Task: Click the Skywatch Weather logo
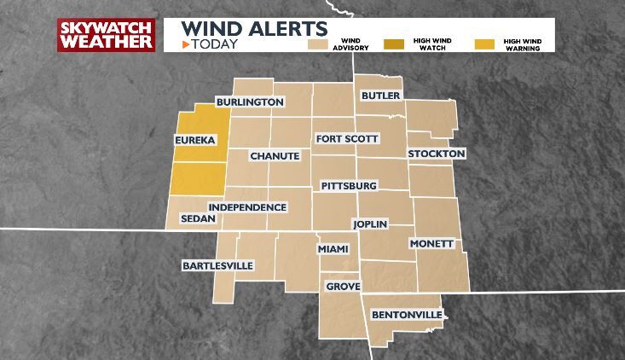click(106, 35)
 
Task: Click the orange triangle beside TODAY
click(184, 44)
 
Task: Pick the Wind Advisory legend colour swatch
click(319, 43)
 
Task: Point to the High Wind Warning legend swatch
click(484, 43)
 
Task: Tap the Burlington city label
click(249, 102)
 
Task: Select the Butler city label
click(380, 96)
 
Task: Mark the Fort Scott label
click(346, 138)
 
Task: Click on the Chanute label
click(275, 156)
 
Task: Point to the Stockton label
click(437, 154)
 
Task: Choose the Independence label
click(247, 207)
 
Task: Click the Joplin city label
click(370, 224)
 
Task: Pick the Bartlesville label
click(218, 265)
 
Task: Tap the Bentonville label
click(407, 316)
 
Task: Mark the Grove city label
click(343, 287)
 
